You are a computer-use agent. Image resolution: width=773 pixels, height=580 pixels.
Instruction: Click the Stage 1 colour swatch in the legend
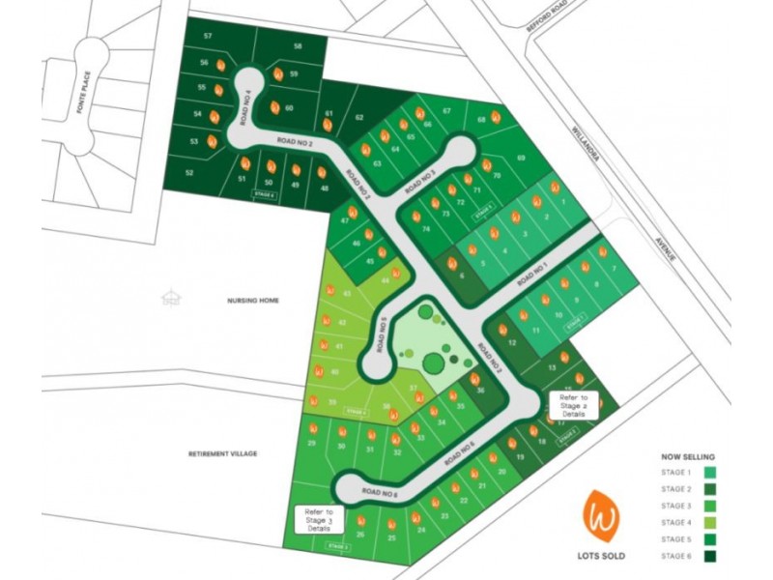(x=709, y=473)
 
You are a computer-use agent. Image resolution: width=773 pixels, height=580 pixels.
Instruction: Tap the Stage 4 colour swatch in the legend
(x=709, y=522)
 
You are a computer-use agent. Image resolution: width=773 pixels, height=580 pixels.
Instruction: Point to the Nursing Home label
(x=253, y=301)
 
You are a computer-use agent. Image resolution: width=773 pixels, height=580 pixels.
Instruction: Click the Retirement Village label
(x=223, y=452)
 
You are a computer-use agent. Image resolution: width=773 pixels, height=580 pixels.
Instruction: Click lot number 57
(x=208, y=36)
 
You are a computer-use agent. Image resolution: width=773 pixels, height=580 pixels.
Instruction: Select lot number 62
(x=358, y=118)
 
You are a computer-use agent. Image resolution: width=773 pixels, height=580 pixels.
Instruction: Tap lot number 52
(x=189, y=173)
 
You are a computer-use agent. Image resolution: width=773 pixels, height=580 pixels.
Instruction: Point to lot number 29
(x=311, y=444)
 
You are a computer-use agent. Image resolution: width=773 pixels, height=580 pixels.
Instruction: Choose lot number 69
(x=521, y=158)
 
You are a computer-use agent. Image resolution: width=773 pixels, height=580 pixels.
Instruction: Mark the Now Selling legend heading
(x=687, y=455)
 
